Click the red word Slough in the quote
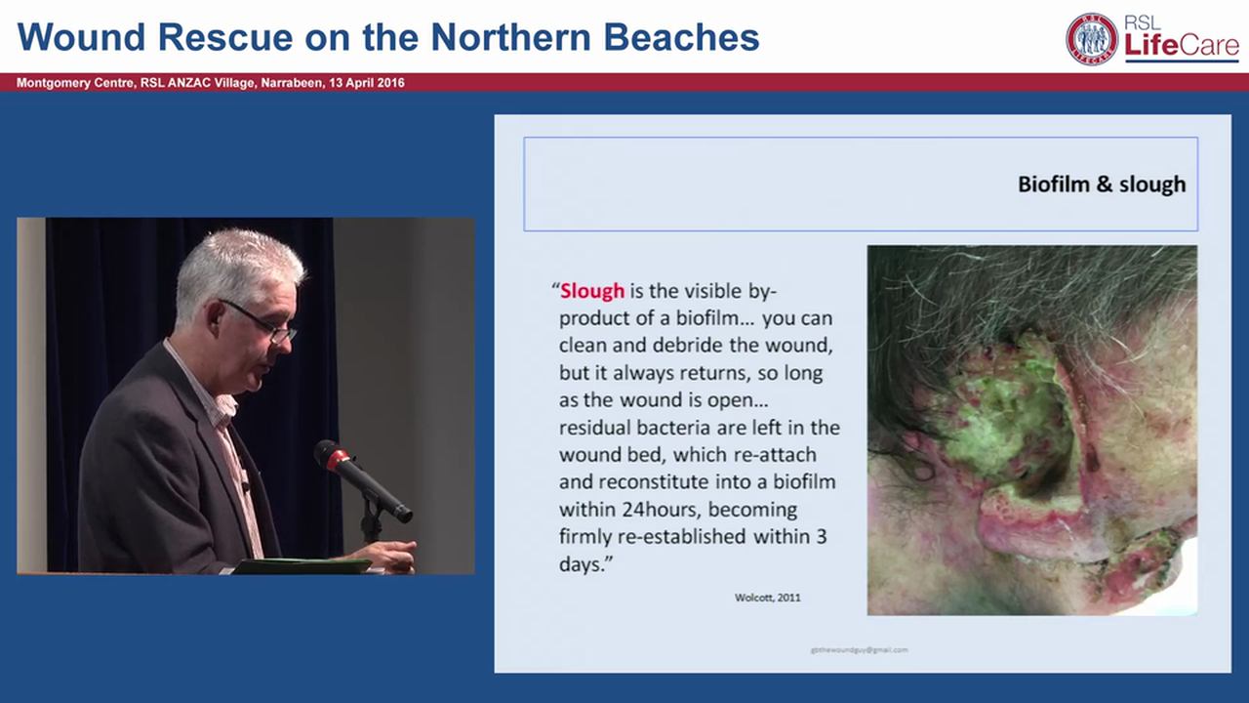coord(592,291)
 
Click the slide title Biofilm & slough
coord(1101,185)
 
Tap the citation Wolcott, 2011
coord(767,598)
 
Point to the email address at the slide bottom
coord(859,649)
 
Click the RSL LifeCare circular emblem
coord(1092,39)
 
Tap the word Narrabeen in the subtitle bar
coord(290,83)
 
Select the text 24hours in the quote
coord(650,510)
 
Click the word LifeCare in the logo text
coord(1181,45)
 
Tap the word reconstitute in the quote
coord(652,482)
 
